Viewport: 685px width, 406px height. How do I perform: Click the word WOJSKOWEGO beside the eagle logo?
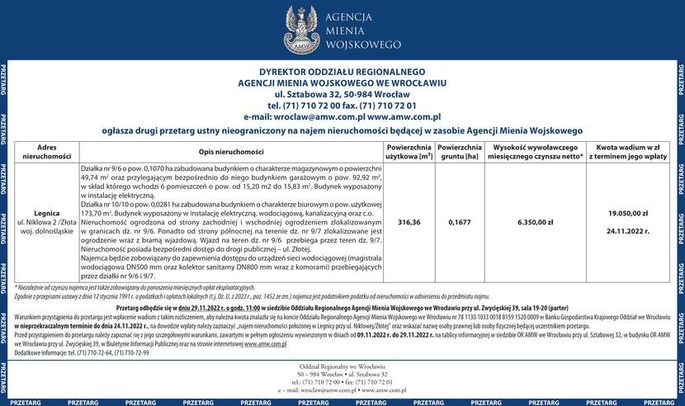[364, 43]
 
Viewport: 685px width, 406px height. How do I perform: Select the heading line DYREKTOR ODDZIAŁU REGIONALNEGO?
[342, 72]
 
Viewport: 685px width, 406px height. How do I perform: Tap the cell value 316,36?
[409, 222]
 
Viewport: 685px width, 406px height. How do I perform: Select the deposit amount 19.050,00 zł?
[631, 213]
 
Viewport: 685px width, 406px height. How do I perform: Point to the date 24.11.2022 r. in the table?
[631, 232]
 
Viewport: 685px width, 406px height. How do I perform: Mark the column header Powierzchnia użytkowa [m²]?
[409, 150]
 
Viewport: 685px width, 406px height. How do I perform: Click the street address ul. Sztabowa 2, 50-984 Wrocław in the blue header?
[342, 95]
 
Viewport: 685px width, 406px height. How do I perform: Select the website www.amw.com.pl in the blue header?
[405, 118]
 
